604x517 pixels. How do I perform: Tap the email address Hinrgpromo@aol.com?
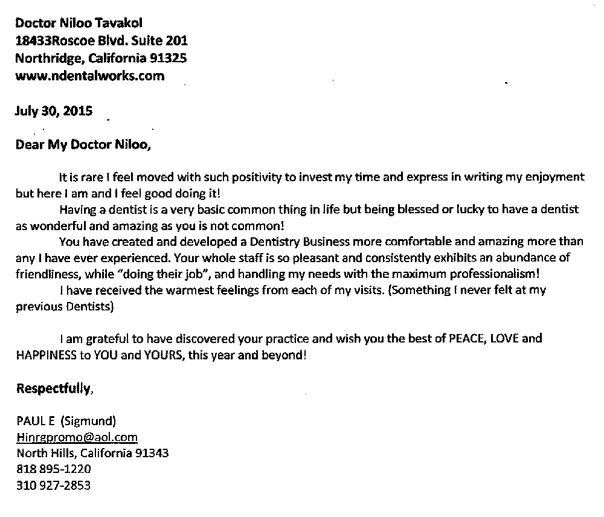pyautogui.click(x=77, y=437)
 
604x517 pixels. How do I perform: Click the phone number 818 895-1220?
pyautogui.click(x=54, y=468)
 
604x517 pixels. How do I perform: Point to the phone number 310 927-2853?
pyautogui.click(x=54, y=484)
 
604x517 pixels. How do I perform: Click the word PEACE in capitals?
pyautogui.click(x=464, y=338)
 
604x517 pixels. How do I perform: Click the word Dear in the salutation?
pyautogui.click(x=27, y=145)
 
